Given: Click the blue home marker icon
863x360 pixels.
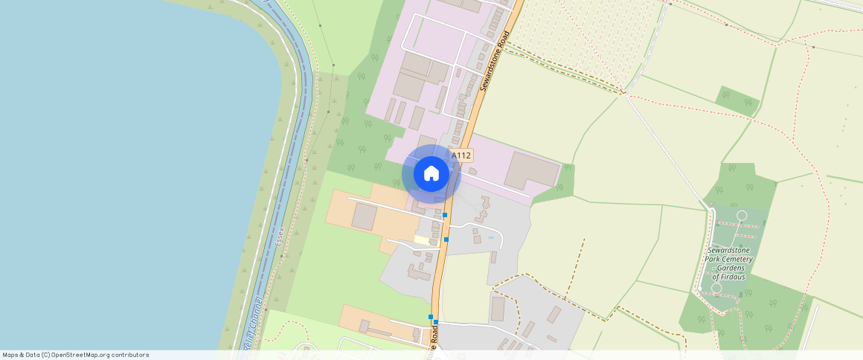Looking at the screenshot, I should [x=431, y=173].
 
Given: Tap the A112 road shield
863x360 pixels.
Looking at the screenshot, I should [x=461, y=155].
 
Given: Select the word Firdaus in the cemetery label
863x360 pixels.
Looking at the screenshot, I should [x=729, y=277].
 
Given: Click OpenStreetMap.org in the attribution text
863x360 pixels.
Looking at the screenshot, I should [x=77, y=355].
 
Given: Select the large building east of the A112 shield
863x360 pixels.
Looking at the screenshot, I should [x=531, y=170].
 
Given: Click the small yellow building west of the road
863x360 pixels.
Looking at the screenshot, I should [x=422, y=240].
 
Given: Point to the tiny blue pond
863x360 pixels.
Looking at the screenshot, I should [x=490, y=237].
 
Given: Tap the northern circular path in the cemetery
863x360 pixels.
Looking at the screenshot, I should [x=741, y=216].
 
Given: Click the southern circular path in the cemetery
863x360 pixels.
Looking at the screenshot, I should [x=716, y=287].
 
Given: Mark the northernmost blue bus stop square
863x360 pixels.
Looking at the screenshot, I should [x=445, y=215].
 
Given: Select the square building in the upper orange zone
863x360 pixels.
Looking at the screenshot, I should [x=364, y=216].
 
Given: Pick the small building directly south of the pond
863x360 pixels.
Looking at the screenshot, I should [x=493, y=257].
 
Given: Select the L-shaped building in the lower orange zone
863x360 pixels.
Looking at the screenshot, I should [x=372, y=327].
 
